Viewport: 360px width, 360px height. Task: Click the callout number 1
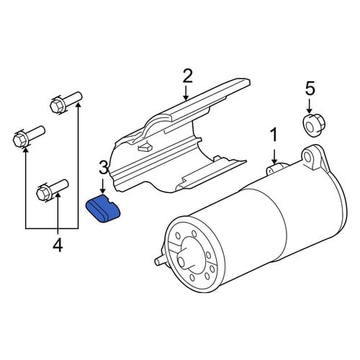pyautogui.click(x=274, y=135)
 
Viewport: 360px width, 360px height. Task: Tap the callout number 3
pyautogui.click(x=104, y=168)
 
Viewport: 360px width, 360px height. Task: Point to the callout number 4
pyautogui.click(x=58, y=245)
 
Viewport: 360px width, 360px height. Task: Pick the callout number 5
pyautogui.click(x=310, y=88)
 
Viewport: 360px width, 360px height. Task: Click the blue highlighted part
pyautogui.click(x=103, y=208)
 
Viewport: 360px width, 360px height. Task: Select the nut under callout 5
pyautogui.click(x=312, y=125)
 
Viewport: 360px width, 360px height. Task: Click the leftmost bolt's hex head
pyautogui.click(x=19, y=140)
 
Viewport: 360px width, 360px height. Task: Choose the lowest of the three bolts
pyautogui.click(x=53, y=189)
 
